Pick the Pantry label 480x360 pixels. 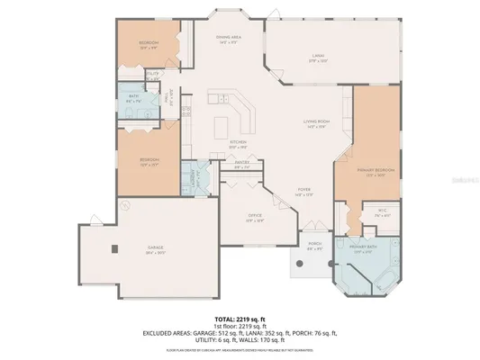241,166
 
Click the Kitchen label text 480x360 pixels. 238,142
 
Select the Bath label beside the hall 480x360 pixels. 131,101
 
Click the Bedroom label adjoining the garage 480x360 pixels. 149,163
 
